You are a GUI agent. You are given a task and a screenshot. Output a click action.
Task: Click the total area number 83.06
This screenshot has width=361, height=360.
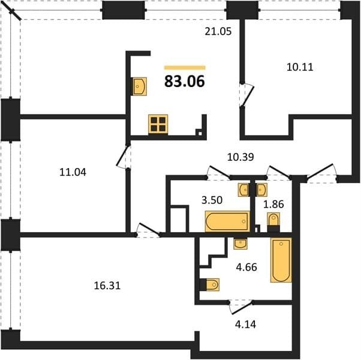pyautogui.click(x=185, y=82)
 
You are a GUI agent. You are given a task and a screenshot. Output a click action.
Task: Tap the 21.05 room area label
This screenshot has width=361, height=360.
pyautogui.click(x=218, y=31)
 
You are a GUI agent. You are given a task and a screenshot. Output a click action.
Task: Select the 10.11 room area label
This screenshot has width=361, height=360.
pyautogui.click(x=300, y=67)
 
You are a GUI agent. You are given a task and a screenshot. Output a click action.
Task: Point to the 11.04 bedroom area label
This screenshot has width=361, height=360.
pyautogui.click(x=73, y=172)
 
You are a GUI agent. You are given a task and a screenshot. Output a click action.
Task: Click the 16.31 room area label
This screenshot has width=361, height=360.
pyautogui.click(x=107, y=286)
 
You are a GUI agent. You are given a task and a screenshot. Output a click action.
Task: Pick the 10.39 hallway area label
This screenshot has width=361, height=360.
pyautogui.click(x=240, y=157)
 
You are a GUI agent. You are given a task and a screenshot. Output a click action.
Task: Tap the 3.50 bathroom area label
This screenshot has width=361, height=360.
pyautogui.click(x=212, y=200)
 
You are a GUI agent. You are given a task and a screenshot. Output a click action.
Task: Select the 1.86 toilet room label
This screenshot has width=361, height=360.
pyautogui.click(x=273, y=204)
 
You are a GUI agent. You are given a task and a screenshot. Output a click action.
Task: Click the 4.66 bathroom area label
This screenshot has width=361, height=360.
pyautogui.click(x=246, y=268)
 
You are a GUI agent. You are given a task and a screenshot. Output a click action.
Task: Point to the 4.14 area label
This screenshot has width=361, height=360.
pyautogui.click(x=245, y=324)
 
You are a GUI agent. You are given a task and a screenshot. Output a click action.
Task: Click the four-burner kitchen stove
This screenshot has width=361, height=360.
pyautogui.click(x=158, y=124)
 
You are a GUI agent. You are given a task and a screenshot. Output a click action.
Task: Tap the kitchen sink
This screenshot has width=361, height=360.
pyautogui.click(x=139, y=86)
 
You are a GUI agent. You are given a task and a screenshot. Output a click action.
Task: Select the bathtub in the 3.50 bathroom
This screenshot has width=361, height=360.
pyautogui.click(x=227, y=221)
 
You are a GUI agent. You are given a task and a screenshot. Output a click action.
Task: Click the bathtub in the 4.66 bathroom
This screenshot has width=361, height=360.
pyautogui.click(x=281, y=260)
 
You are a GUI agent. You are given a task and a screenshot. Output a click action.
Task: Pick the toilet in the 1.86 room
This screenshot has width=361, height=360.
pyautogui.click(x=273, y=222)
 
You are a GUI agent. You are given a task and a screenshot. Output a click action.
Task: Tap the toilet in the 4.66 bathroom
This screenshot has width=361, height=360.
pyautogui.click(x=209, y=284)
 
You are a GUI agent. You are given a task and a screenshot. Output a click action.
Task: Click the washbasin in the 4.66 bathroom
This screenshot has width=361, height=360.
pyautogui.click(x=240, y=244)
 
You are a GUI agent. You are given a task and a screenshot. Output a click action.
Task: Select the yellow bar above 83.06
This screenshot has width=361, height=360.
pyautogui.click(x=185, y=67)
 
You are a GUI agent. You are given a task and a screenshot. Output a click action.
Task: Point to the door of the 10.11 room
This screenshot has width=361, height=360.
pyautogui.click(x=246, y=95)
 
